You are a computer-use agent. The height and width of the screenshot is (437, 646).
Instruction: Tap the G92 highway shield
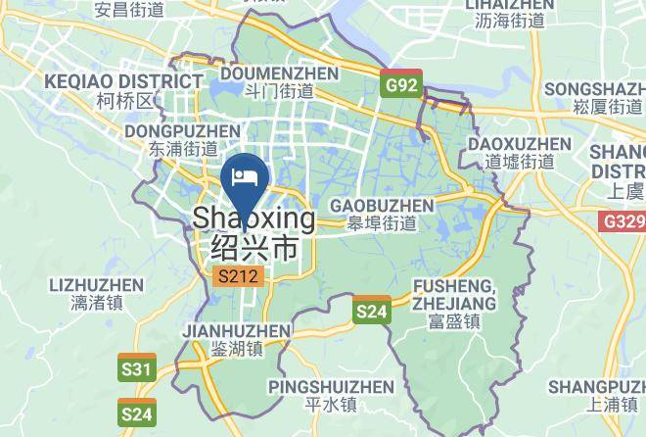tap(401, 84)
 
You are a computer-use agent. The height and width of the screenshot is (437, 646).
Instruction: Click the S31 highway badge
tap(138, 368)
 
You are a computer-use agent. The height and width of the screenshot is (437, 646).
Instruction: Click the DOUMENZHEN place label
tap(267, 73)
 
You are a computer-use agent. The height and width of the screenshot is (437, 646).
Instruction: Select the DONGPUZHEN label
tap(170, 129)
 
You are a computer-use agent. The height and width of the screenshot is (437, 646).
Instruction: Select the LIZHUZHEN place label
tap(95, 285)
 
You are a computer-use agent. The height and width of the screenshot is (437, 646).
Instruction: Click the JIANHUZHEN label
tap(236, 330)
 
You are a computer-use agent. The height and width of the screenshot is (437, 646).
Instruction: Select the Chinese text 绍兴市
tap(254, 248)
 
